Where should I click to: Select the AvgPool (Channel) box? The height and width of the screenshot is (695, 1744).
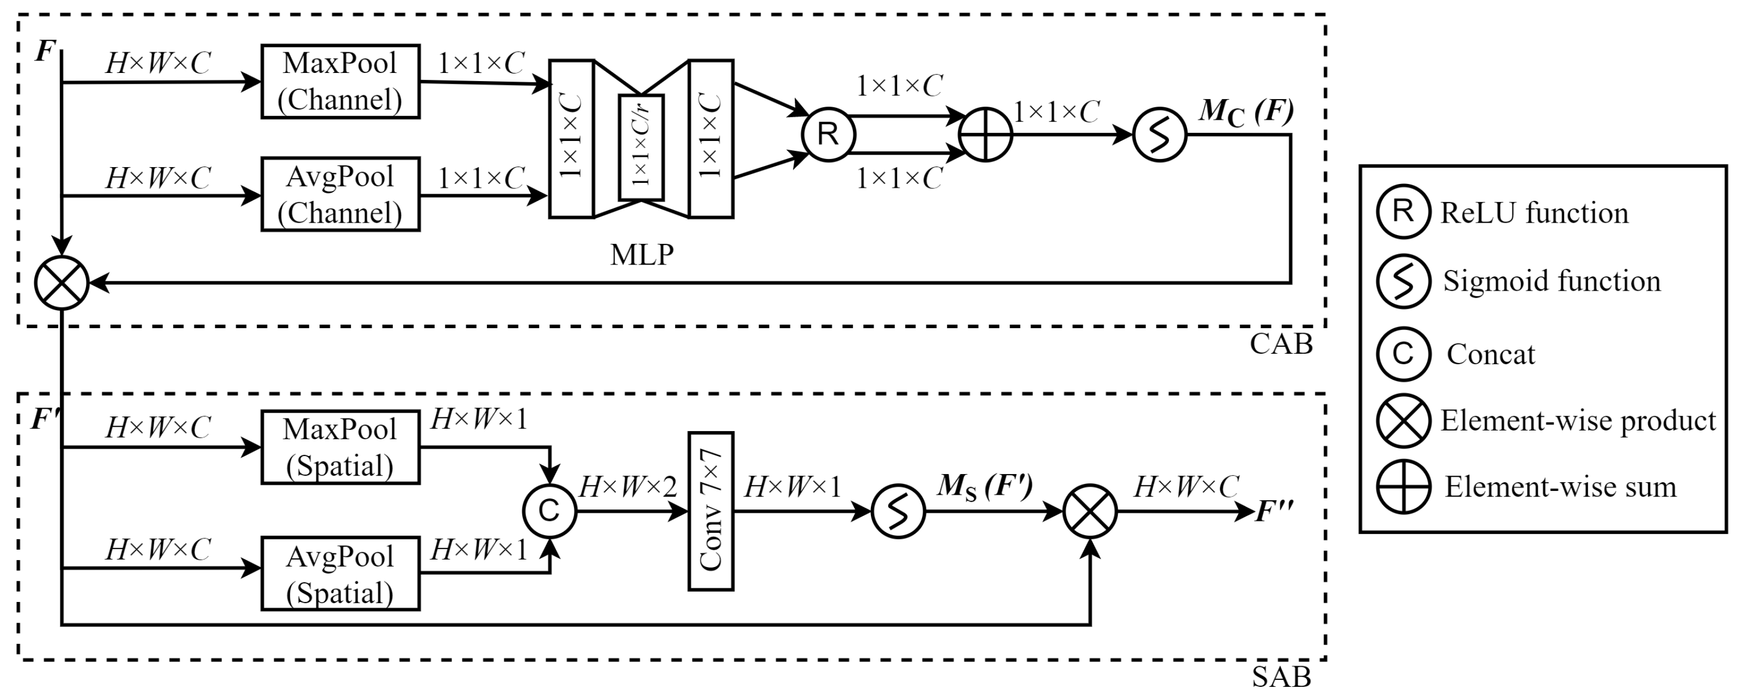340,194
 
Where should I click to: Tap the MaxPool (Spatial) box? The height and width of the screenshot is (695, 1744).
340,447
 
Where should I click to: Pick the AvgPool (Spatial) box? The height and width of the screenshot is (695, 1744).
340,574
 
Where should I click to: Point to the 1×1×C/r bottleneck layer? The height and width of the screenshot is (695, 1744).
640,147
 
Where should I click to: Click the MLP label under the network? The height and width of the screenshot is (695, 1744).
641,255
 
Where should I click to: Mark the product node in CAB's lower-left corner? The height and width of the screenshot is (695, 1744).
61,282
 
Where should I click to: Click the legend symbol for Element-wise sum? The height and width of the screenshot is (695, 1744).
1403,487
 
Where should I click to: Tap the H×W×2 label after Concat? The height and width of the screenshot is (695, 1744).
628,487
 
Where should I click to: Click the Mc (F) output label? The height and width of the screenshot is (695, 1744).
1246,112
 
